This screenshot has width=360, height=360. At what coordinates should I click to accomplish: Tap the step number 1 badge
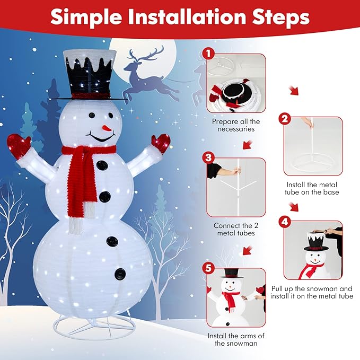(208, 54)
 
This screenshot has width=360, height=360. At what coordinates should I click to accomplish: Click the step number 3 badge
(208, 157)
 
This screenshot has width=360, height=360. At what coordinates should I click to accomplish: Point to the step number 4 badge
(285, 222)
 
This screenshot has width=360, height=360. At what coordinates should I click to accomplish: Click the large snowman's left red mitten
(19, 146)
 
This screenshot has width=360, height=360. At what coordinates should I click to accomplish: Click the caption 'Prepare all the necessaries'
(236, 125)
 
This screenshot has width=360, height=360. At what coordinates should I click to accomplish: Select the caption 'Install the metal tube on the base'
(312, 188)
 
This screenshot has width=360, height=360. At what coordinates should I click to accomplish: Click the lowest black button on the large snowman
(120, 274)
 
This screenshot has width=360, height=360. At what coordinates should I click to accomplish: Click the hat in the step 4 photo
(316, 241)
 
